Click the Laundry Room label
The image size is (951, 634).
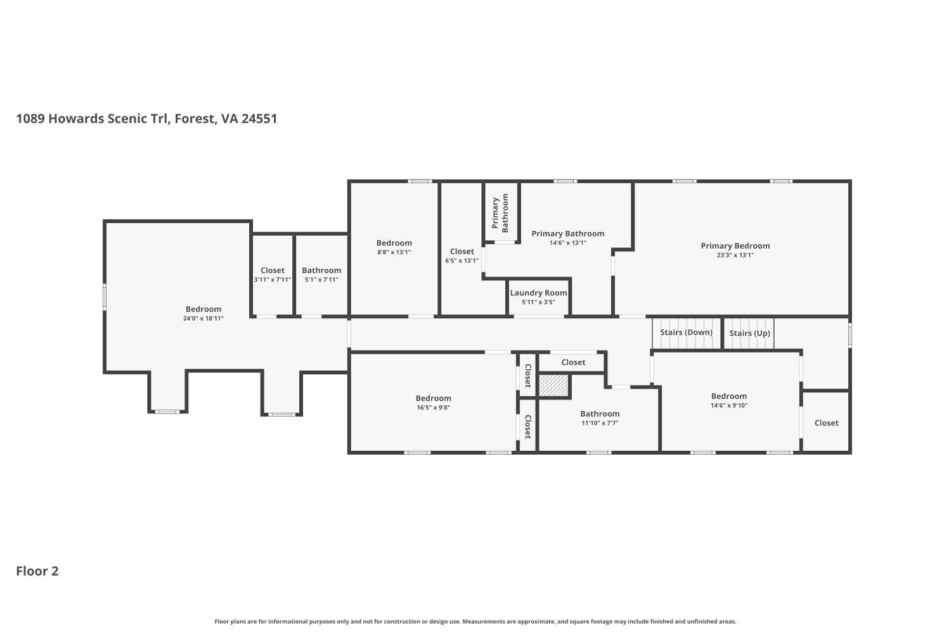point(538,293)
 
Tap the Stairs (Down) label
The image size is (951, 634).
point(686,332)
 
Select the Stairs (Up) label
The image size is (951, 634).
point(749,333)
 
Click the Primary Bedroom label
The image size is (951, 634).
point(735,246)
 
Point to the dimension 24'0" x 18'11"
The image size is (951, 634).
point(204,318)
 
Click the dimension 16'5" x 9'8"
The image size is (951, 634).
point(433,408)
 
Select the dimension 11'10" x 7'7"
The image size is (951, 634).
point(599,423)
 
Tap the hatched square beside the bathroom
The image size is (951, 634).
point(554,385)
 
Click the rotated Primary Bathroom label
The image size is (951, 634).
point(500,212)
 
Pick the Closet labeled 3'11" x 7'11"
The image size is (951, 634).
point(272,271)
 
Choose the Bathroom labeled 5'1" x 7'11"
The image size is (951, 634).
point(321,271)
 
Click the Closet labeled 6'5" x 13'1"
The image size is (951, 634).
point(462,252)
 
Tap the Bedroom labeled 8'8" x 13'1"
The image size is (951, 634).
point(394,243)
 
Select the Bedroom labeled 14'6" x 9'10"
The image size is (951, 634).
point(728,396)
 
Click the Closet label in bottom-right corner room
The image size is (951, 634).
point(826,423)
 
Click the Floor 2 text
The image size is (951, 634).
point(37,571)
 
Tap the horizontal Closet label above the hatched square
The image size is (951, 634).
point(573,362)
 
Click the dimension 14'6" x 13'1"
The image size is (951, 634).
point(567,243)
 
